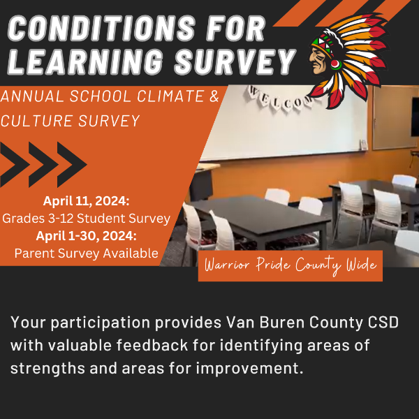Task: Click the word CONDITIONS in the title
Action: (102, 29)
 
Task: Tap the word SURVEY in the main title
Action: (235, 61)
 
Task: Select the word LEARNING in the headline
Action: (85, 61)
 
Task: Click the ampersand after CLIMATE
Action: (214, 96)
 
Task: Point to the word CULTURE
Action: (37, 121)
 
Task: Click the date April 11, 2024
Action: (86, 201)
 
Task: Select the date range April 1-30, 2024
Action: (86, 236)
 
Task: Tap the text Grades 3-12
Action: (38, 219)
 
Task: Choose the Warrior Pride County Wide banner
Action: (291, 265)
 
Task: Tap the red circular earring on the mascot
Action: (336, 65)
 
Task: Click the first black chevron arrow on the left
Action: (13, 164)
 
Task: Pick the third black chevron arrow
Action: (72, 164)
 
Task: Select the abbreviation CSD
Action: (383, 322)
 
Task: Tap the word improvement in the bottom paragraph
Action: (249, 369)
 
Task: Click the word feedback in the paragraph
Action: (152, 345)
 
